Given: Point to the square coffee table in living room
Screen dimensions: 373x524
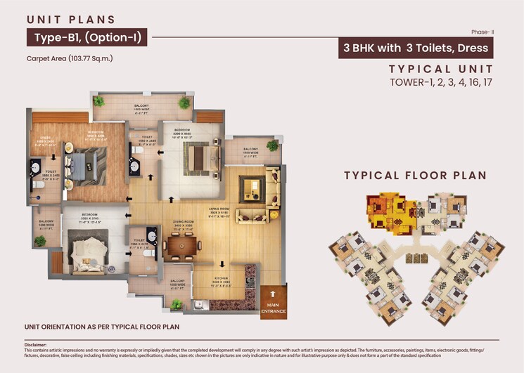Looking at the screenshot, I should (x=250, y=187).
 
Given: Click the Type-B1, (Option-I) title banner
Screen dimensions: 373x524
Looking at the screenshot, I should (x=87, y=37).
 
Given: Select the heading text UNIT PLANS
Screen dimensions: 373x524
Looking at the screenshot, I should (x=70, y=20).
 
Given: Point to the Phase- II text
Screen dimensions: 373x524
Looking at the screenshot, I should (x=483, y=32).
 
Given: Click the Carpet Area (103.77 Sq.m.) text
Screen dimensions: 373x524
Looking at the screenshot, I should (x=70, y=58).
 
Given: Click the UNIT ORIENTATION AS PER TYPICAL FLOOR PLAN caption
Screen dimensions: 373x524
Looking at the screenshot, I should (x=102, y=327).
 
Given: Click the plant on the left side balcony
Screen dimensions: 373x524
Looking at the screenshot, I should (x=40, y=241).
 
